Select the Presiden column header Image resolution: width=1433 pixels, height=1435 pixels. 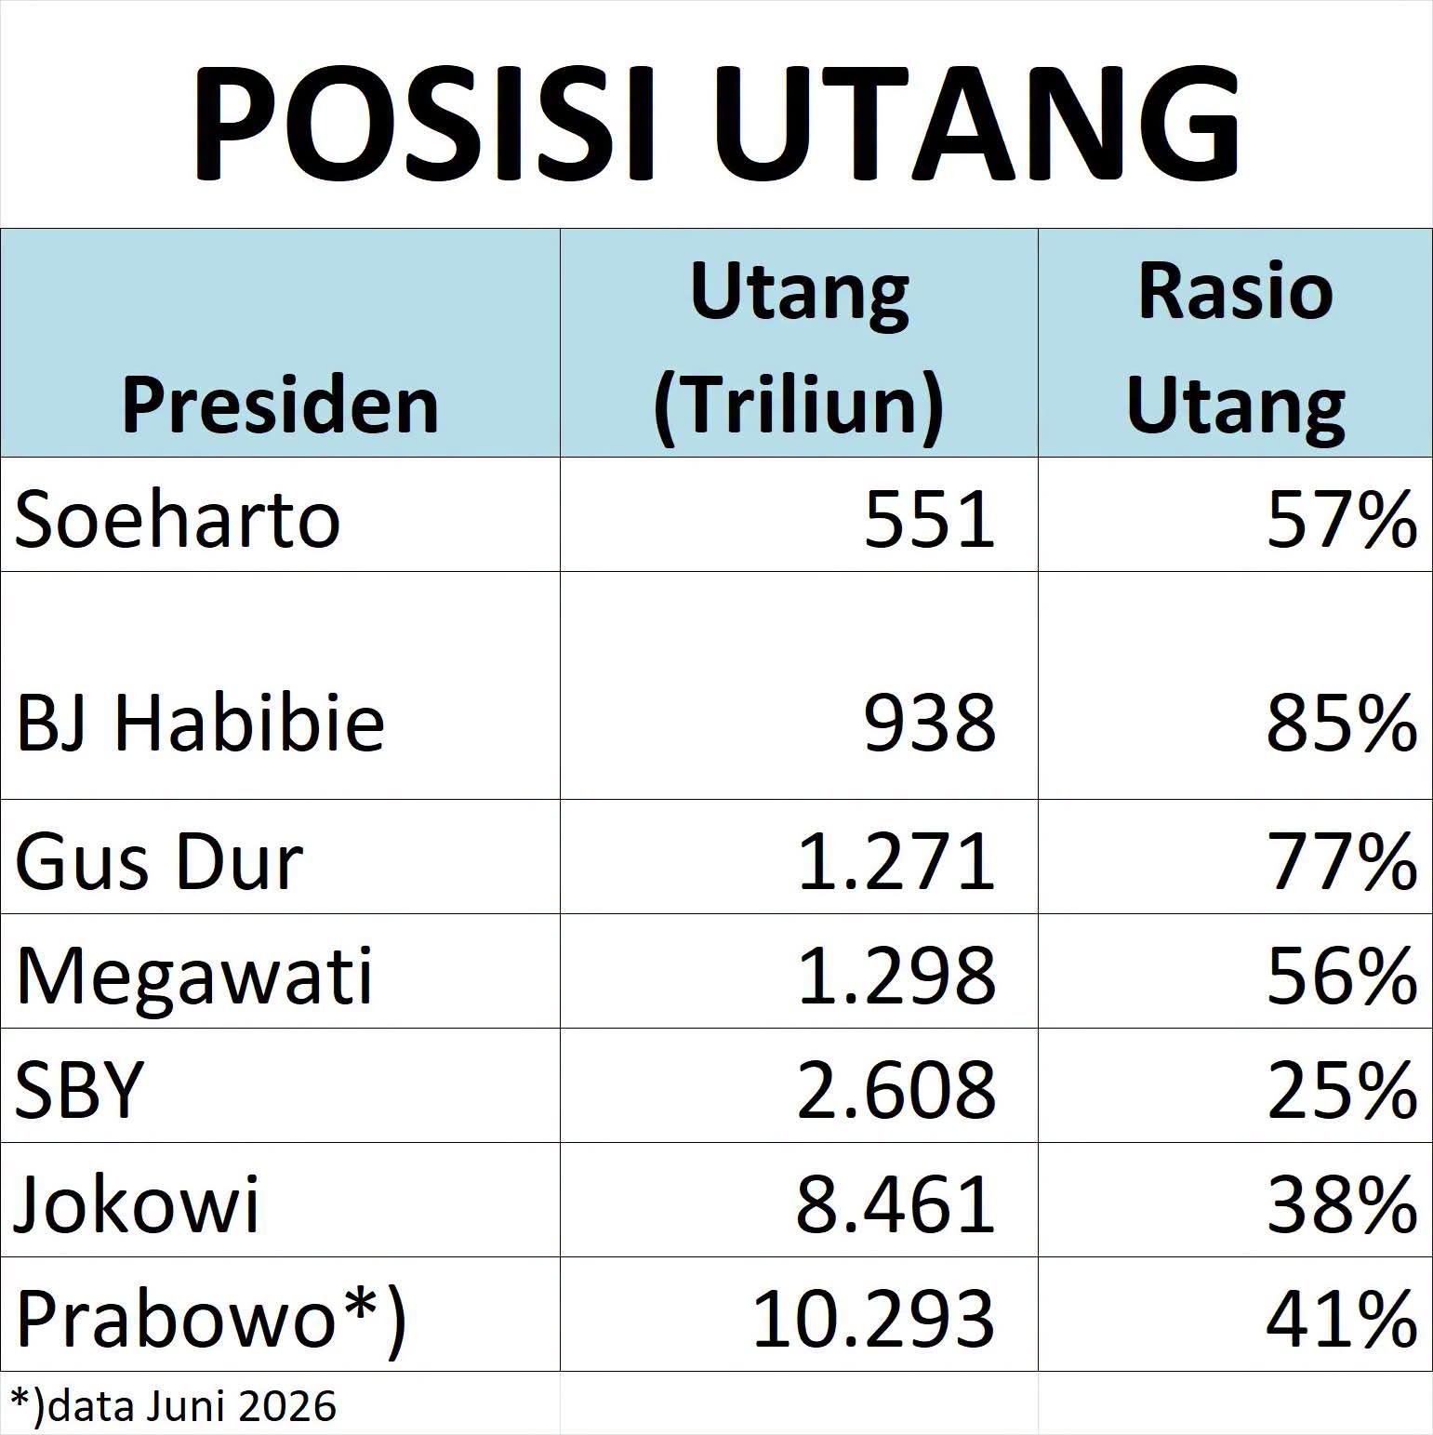click(280, 406)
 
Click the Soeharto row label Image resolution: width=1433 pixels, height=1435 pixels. click(178, 519)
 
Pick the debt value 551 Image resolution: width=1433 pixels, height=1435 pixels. click(930, 519)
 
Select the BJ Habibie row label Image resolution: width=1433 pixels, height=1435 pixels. click(200, 722)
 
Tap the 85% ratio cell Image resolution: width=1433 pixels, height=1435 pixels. click(1342, 723)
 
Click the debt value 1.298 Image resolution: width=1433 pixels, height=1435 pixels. click(896, 977)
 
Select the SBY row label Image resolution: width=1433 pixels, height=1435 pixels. click(80, 1089)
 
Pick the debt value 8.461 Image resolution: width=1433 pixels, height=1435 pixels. click(896, 1204)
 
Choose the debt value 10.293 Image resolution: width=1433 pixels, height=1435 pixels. click(873, 1319)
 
